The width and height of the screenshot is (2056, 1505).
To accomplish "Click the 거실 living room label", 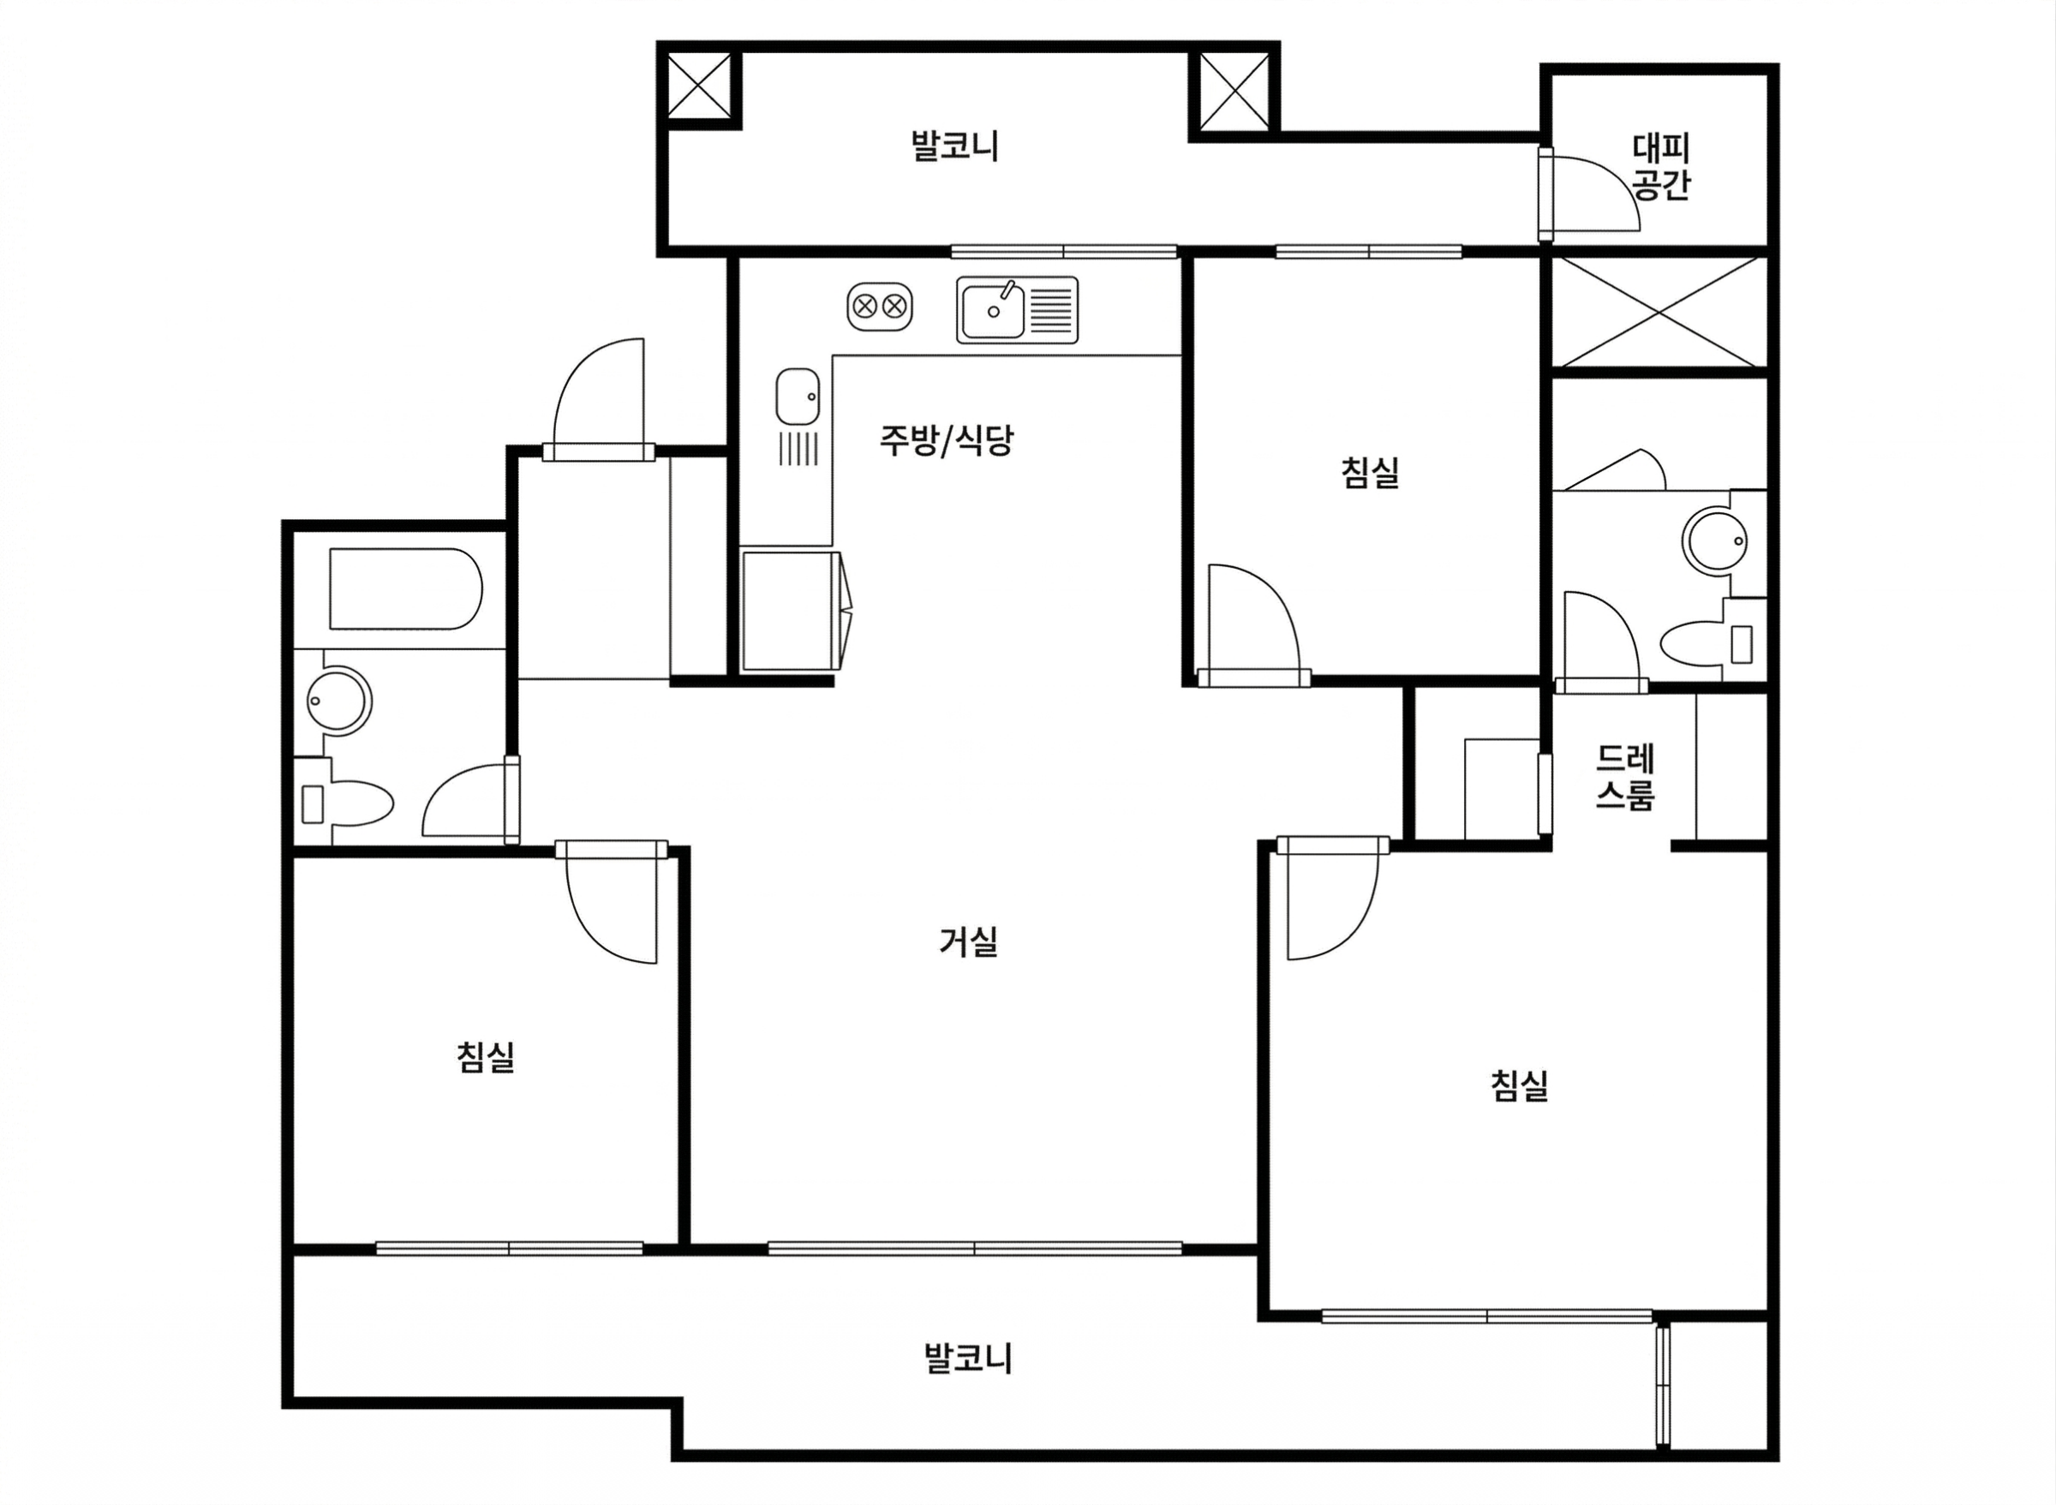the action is click(968, 941).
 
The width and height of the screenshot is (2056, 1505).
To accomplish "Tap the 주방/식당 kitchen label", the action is click(946, 440).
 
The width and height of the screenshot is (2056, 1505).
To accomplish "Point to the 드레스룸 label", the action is click(1625, 777).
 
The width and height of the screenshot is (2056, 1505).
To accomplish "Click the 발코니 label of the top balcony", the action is click(954, 146).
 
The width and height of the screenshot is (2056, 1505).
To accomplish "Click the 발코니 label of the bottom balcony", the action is click(967, 1358).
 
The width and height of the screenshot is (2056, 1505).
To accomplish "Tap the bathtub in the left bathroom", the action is click(405, 588).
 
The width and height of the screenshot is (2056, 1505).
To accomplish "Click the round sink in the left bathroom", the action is click(339, 701).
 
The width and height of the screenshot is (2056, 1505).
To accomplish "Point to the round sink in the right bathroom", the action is click(1715, 541).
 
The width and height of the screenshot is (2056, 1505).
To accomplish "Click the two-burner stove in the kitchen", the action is click(879, 306).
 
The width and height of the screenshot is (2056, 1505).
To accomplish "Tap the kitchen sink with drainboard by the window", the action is click(1017, 310).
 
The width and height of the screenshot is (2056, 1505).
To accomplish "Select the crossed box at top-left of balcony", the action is click(699, 85).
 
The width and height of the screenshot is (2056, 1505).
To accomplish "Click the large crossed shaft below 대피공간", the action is click(1659, 312).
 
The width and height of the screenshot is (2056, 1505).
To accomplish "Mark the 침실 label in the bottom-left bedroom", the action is click(486, 1057).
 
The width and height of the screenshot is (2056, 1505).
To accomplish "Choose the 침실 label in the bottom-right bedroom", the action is click(1520, 1085).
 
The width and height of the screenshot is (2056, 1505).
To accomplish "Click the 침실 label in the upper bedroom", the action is click(1370, 472).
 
